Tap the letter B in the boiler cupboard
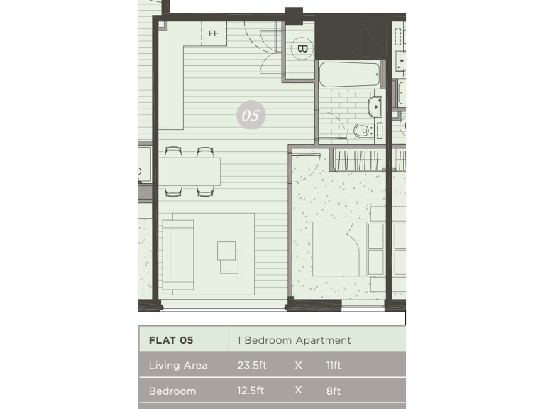302,49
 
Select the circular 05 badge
251,115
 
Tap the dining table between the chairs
189,171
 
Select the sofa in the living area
178,254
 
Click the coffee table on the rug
228,256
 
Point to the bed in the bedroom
348,249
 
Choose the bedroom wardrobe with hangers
358,160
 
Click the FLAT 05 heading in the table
171,340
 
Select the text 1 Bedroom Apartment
294,340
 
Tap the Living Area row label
178,366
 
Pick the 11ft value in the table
334,366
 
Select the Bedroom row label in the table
172,391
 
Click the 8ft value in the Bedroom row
333,391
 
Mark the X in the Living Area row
298,366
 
